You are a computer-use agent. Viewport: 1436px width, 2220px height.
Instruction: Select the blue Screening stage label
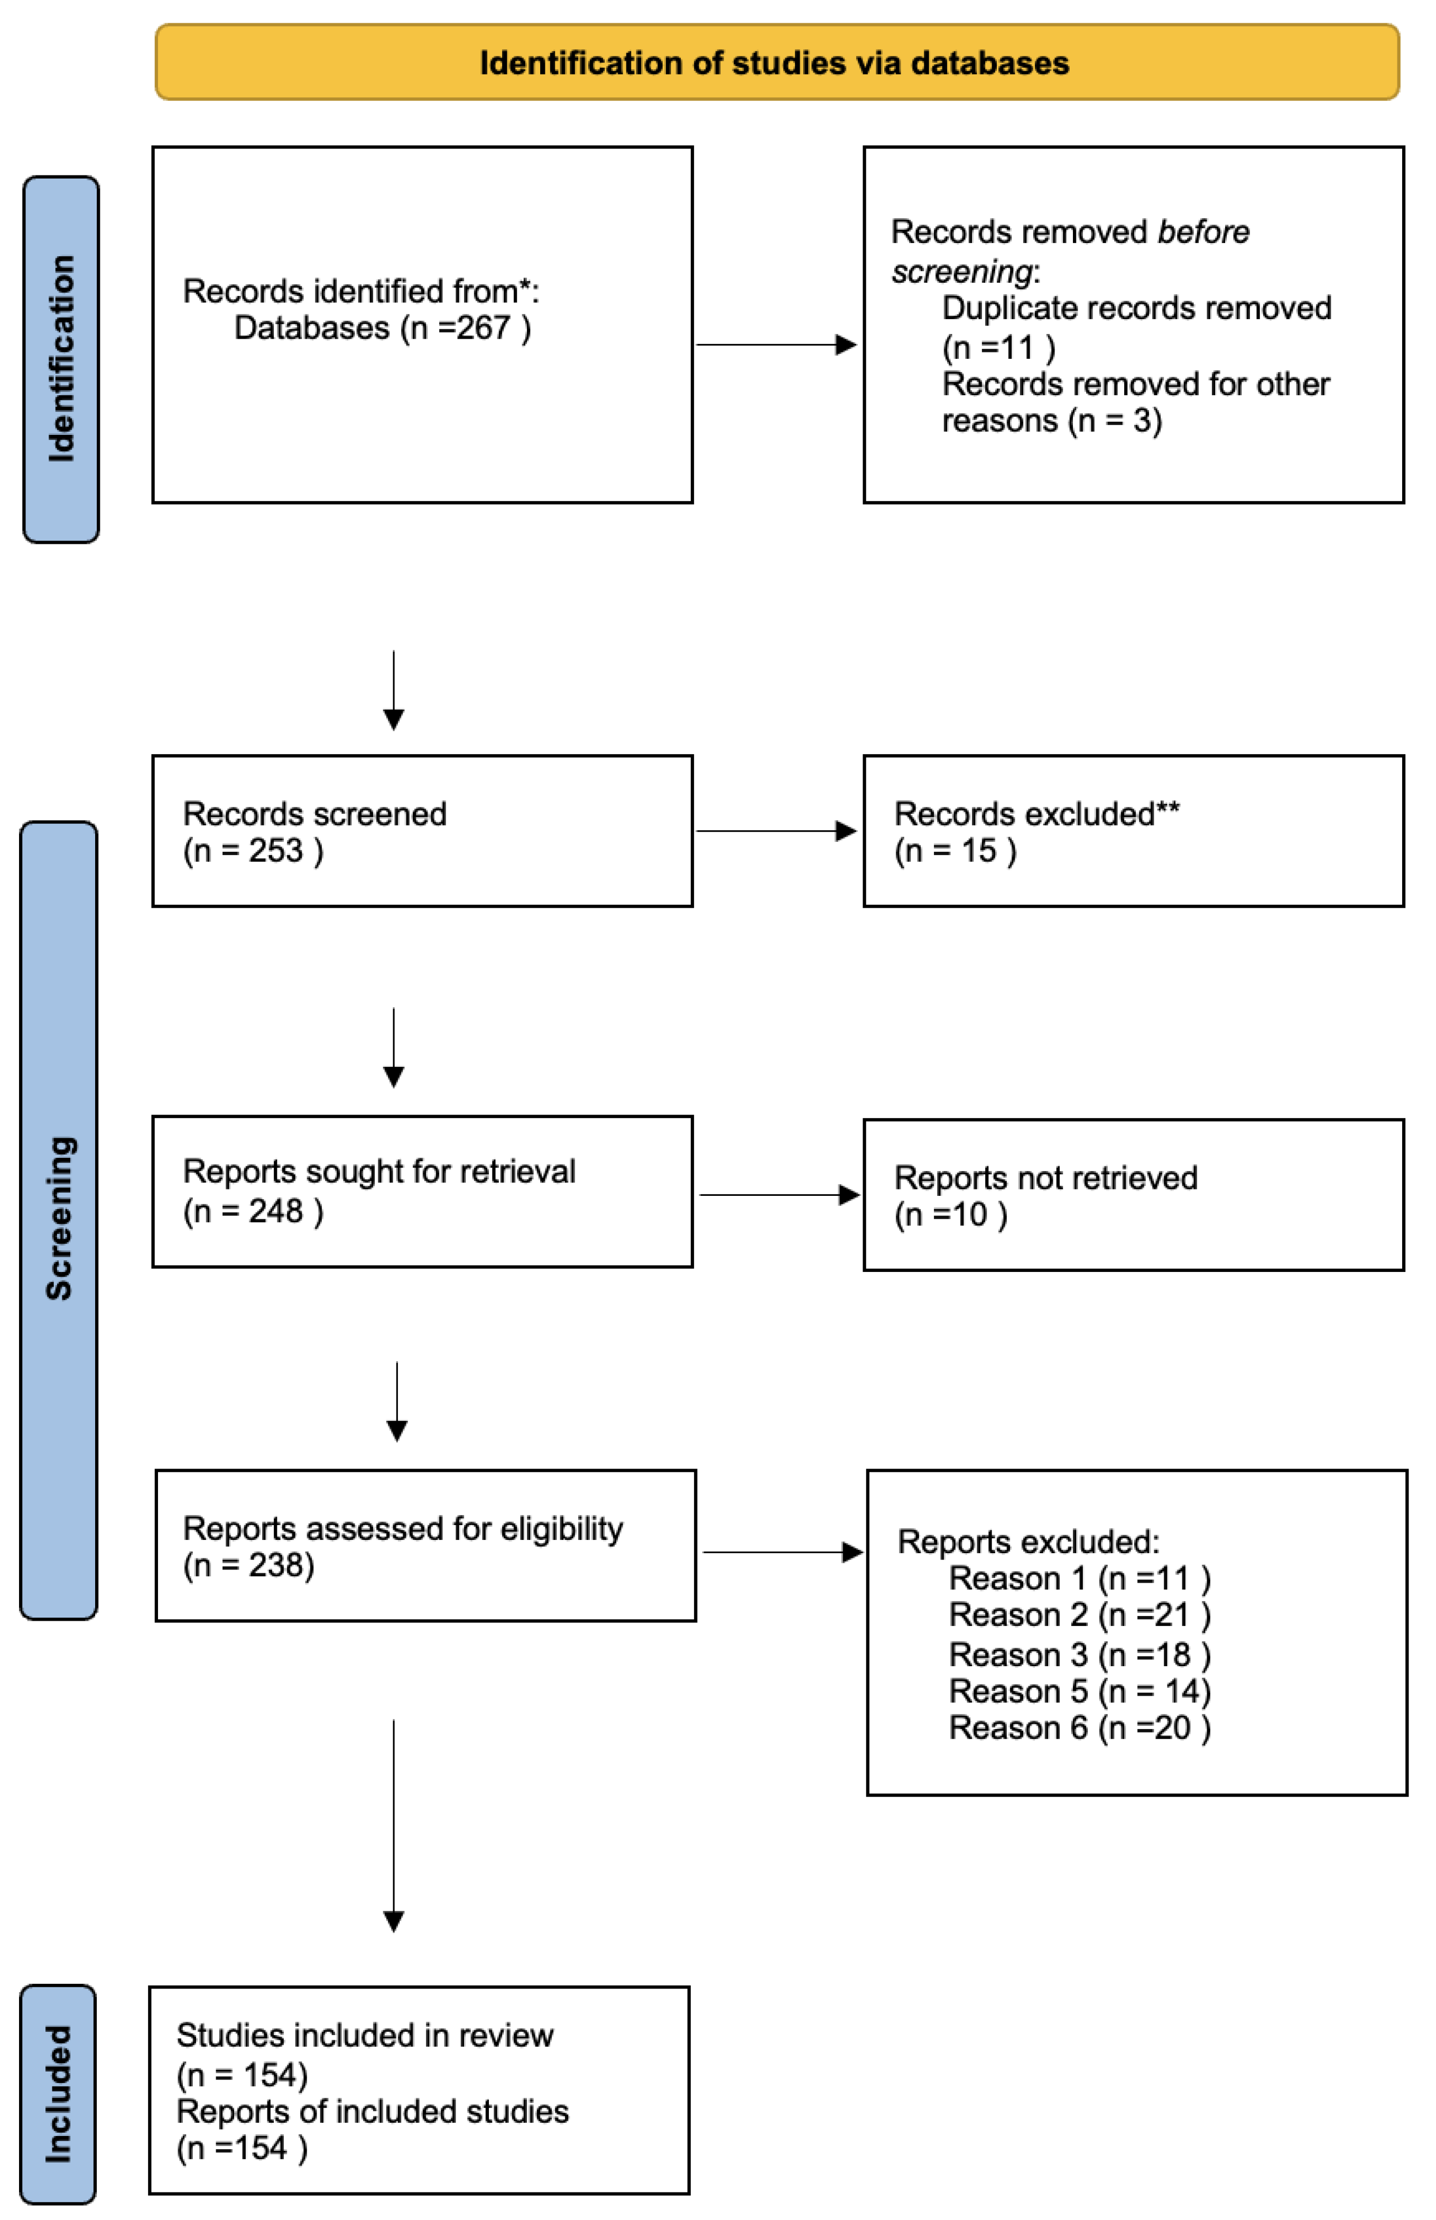coord(59,1220)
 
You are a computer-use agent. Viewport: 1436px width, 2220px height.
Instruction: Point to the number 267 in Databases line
coord(483,328)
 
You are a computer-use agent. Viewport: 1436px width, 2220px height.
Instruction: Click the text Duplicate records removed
coord(1136,308)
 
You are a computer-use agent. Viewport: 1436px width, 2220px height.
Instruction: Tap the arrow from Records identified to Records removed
coord(776,345)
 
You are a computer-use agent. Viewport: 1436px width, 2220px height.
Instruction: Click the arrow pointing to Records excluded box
coord(776,831)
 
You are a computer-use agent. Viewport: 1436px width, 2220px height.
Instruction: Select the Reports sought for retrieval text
coord(378,1171)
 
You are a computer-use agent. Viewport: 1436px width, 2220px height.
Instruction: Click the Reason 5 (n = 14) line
coord(1079,1690)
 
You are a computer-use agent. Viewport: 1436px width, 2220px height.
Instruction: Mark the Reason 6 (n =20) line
coord(1079,1727)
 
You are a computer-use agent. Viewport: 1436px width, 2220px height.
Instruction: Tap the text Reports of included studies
coord(372,2111)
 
